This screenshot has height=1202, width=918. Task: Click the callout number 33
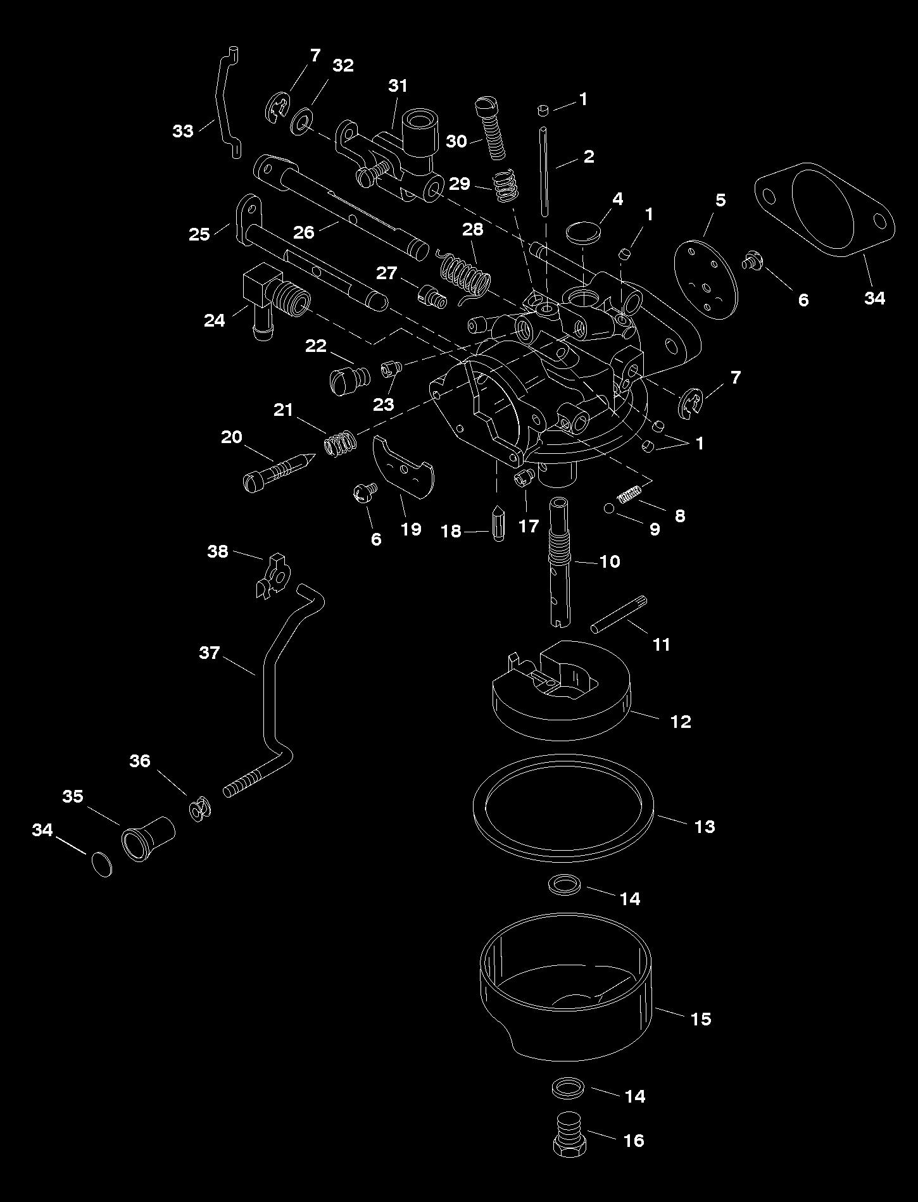pyautogui.click(x=183, y=131)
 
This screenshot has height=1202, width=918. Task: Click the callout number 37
pyautogui.click(x=209, y=652)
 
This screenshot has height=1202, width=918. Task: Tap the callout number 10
pyautogui.click(x=610, y=561)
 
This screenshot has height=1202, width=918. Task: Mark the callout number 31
pyautogui.click(x=398, y=85)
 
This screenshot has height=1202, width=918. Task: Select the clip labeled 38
pyautogui.click(x=272, y=576)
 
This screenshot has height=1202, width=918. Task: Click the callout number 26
pyautogui.click(x=304, y=232)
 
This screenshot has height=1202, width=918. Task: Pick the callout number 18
pyautogui.click(x=451, y=531)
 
